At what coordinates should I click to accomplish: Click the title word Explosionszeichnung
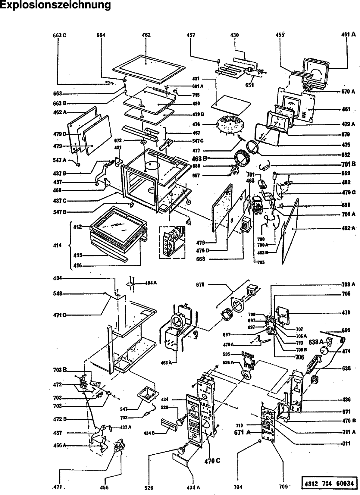(55, 5)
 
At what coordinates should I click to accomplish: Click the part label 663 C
(60, 35)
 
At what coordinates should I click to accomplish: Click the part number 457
(191, 35)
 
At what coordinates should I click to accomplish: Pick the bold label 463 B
(199, 158)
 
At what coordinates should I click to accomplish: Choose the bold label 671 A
(243, 432)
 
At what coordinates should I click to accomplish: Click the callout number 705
(261, 262)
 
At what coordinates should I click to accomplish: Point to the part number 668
(200, 259)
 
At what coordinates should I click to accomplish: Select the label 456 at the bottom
(104, 487)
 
